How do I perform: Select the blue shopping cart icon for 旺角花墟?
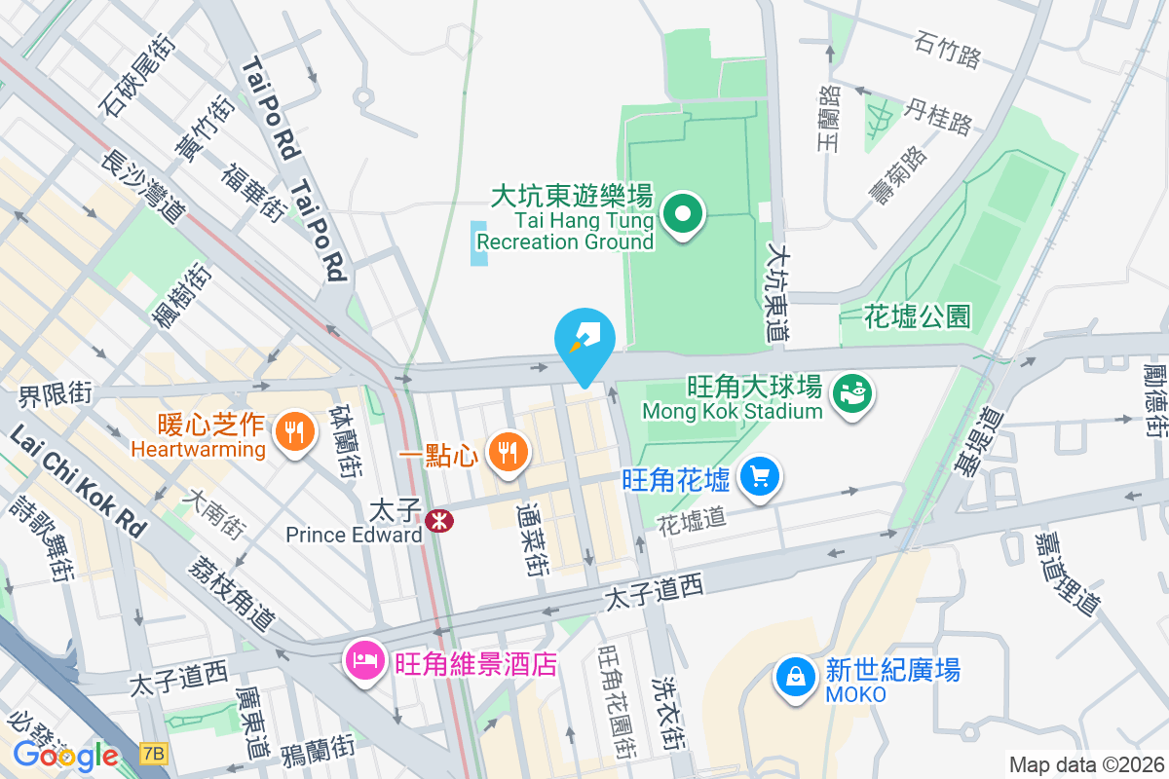click(x=760, y=477)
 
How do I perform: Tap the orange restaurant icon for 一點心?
click(x=506, y=452)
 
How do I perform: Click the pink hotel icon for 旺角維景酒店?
click(x=365, y=661)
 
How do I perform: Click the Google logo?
click(x=65, y=755)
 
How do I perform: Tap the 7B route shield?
click(x=153, y=753)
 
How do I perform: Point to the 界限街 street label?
click(x=55, y=394)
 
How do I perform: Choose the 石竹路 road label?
click(x=948, y=48)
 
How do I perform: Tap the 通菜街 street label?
click(x=531, y=538)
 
